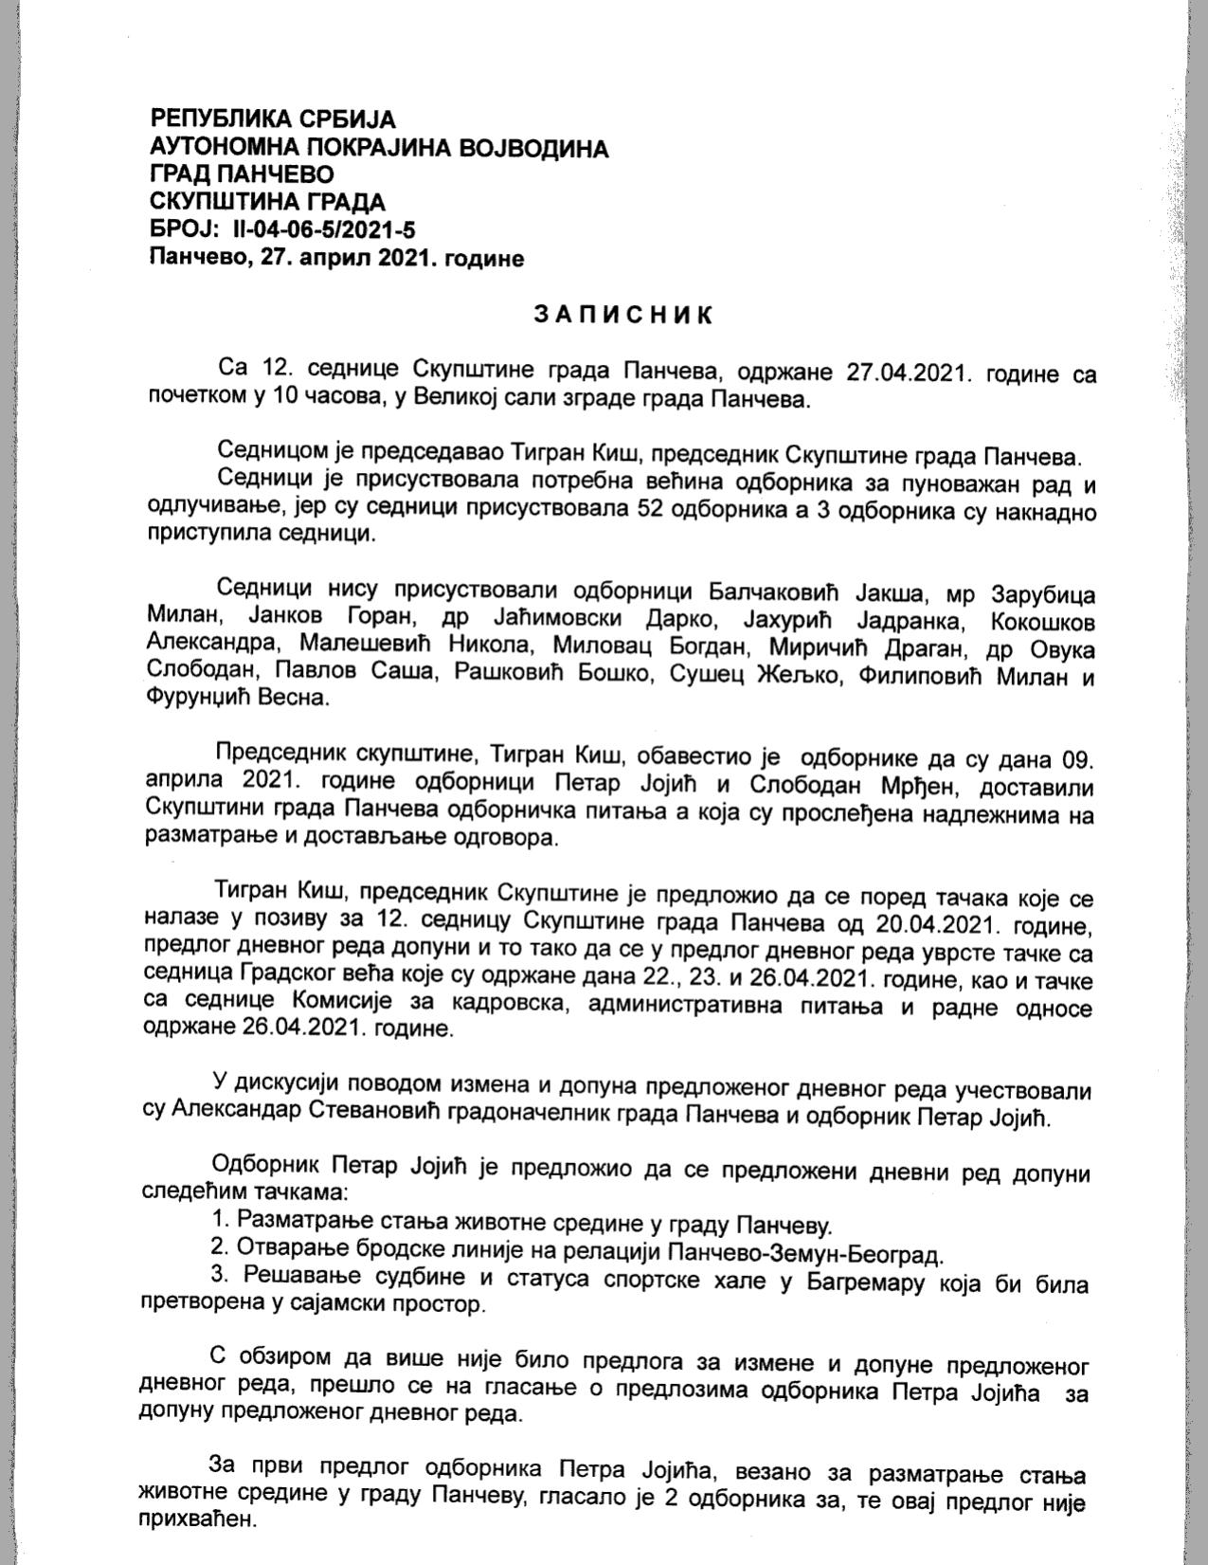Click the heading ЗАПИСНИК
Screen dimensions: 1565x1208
coord(622,316)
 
